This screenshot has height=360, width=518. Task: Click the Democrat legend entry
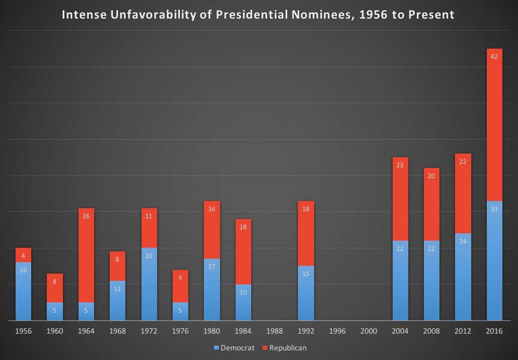pyautogui.click(x=234, y=347)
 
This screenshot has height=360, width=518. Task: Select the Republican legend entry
pyautogui.click(x=284, y=347)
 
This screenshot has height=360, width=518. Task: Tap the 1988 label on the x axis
pyautogui.click(x=274, y=331)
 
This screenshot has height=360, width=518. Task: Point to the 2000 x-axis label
pyautogui.click(x=368, y=331)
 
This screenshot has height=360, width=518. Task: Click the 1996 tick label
pyautogui.click(x=337, y=331)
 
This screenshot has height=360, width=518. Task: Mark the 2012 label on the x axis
pyautogui.click(x=463, y=331)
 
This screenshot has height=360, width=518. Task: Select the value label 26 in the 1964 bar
pyautogui.click(x=86, y=216)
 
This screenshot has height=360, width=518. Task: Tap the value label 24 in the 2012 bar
pyautogui.click(x=463, y=241)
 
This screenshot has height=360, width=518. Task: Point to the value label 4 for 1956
pyautogui.click(x=23, y=256)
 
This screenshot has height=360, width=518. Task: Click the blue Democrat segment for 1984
pyautogui.click(x=243, y=303)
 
